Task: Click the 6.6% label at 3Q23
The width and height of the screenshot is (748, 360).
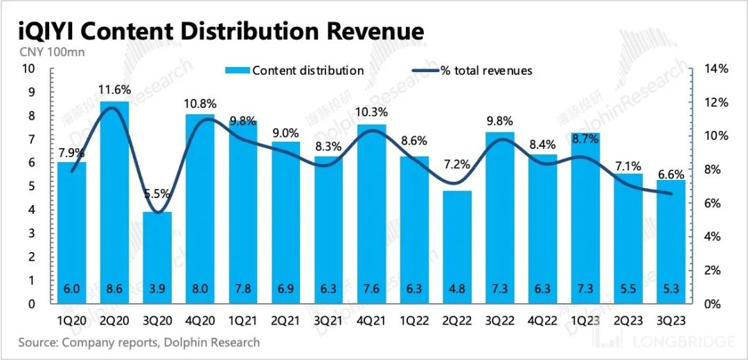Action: coord(670,174)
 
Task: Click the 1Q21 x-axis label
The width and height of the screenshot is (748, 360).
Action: coord(243,322)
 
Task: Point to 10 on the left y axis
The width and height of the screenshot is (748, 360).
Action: coord(28,69)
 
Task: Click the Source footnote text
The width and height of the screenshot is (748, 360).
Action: coord(139,343)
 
